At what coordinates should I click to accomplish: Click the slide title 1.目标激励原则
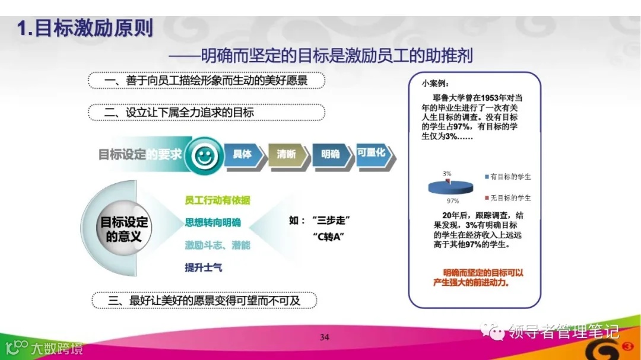85,28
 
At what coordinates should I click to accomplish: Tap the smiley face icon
204,156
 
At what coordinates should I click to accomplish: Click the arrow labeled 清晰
287,155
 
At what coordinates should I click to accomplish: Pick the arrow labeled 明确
331,155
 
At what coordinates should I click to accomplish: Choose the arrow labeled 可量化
373,154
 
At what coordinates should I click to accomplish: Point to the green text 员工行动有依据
218,200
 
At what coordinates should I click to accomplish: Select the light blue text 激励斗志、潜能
218,245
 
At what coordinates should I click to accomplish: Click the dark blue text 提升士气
204,267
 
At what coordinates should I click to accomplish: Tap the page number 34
324,338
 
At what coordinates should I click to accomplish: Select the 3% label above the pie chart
447,173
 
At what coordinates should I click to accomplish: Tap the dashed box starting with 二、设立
206,113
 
